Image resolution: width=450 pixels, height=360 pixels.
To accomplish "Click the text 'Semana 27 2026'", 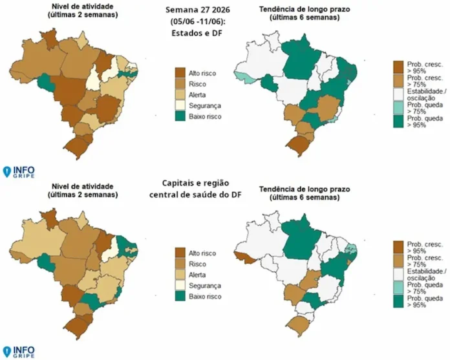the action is tap(197, 10).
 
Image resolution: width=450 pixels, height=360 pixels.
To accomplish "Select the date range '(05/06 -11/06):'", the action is tap(197, 21).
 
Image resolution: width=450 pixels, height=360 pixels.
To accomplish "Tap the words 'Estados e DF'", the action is tap(197, 33).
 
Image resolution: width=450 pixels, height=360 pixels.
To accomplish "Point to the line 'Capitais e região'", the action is tap(195, 183).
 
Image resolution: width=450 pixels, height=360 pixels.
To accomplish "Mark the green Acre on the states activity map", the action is tap(46, 81).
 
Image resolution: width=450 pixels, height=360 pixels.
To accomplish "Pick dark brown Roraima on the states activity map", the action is tap(49, 39).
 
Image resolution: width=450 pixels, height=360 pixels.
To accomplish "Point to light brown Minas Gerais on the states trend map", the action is tap(327, 107).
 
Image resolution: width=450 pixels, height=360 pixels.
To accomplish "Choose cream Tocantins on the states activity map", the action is tap(92, 77).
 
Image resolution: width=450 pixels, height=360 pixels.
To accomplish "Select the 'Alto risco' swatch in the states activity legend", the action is tap(180, 72).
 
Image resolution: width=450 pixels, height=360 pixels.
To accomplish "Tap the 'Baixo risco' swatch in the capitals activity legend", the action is tap(180, 296).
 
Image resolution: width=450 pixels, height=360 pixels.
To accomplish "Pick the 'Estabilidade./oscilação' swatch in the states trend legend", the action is tap(398, 94).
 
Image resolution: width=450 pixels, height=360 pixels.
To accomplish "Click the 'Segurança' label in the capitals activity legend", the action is tap(205, 286).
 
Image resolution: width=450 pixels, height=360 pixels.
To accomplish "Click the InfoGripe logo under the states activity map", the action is tap(18, 172).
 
